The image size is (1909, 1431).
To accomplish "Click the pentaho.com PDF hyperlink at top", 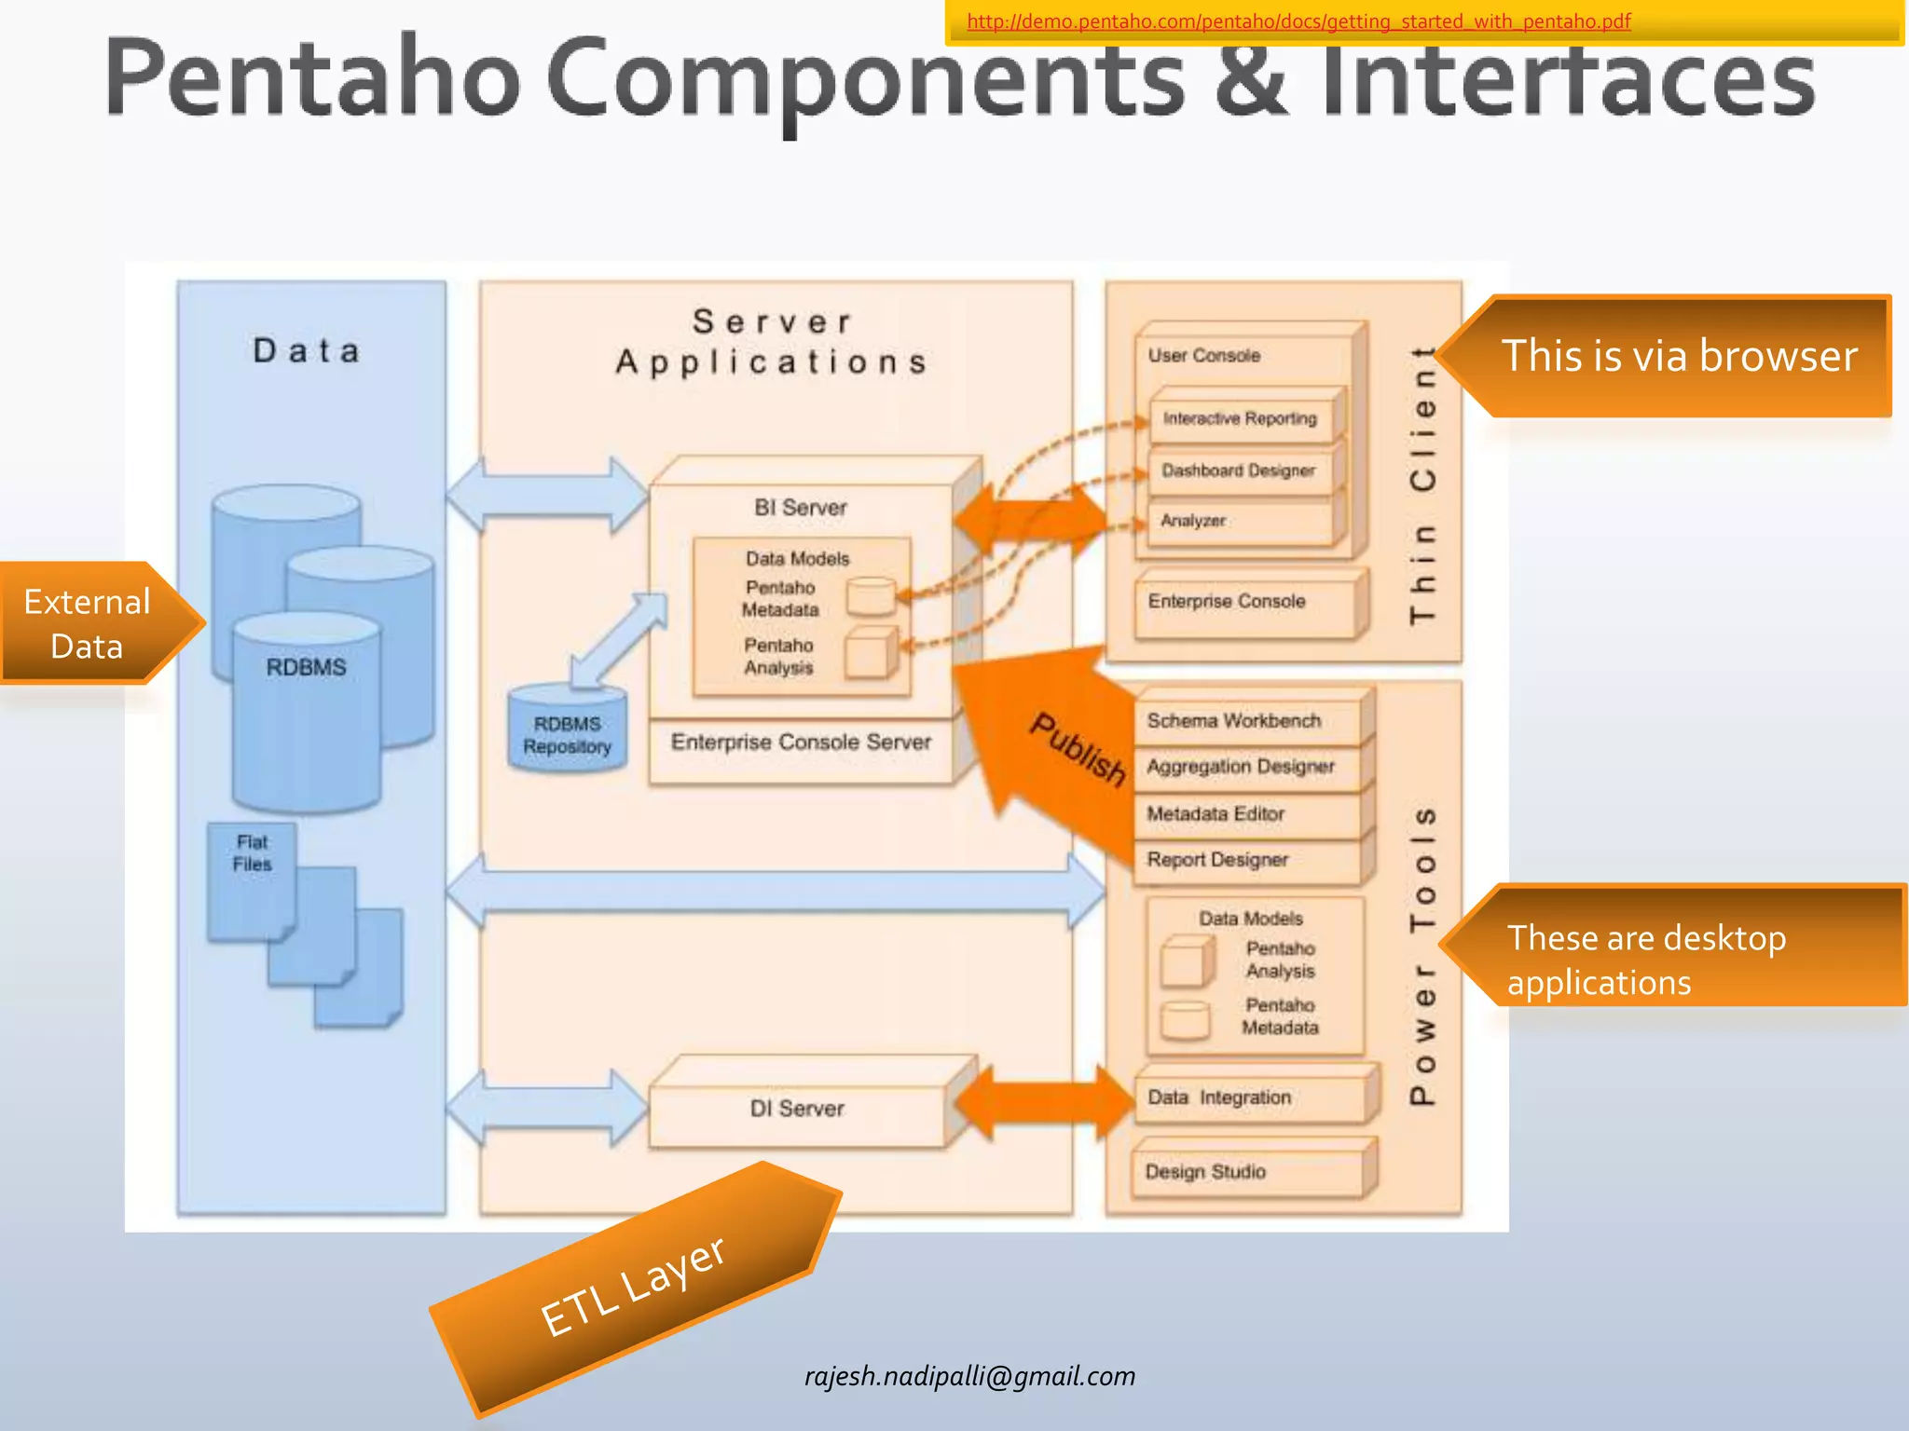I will [x=1298, y=21].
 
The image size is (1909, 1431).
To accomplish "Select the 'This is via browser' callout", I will [x=1678, y=357].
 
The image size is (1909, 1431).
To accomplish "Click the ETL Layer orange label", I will [x=634, y=1286].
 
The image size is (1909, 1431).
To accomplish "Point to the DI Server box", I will [x=797, y=1109].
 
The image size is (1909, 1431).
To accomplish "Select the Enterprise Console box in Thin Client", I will [x=1240, y=602].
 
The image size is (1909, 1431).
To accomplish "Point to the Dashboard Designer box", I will [x=1239, y=470].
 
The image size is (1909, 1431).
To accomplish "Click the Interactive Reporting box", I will [x=1240, y=418].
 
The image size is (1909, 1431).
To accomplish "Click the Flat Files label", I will [x=252, y=853].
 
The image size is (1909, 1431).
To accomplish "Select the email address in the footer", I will [x=969, y=1376].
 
